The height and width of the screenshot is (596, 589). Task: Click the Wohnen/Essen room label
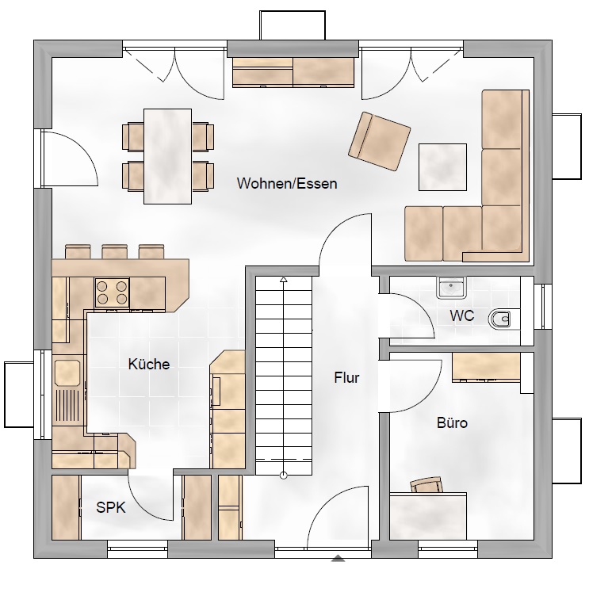[x=287, y=183]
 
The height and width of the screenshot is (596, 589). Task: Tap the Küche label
[x=149, y=364]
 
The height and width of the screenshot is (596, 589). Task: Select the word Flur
[x=346, y=377]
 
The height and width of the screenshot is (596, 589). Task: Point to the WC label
[x=461, y=315]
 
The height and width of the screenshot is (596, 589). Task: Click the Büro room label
[x=452, y=422]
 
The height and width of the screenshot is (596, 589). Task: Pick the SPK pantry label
[x=111, y=507]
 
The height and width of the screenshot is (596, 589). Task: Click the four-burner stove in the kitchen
[x=112, y=292]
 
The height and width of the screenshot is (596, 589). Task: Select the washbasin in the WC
[x=451, y=288]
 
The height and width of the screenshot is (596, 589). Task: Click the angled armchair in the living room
[x=379, y=141]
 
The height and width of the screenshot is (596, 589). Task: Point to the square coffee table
[x=442, y=167]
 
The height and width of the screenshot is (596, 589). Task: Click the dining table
[x=167, y=156]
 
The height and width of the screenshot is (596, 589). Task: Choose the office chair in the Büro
[x=426, y=484]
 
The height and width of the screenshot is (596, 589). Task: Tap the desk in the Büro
[x=428, y=516]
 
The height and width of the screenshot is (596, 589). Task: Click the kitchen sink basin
[x=67, y=372]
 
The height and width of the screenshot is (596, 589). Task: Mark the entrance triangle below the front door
[x=338, y=558]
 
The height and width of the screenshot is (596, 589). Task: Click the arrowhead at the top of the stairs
[x=283, y=280]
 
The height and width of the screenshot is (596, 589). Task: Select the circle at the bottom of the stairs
[x=283, y=475]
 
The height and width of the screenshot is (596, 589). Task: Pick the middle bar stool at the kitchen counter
[x=114, y=252]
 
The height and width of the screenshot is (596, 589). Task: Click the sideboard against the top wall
[x=293, y=72]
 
